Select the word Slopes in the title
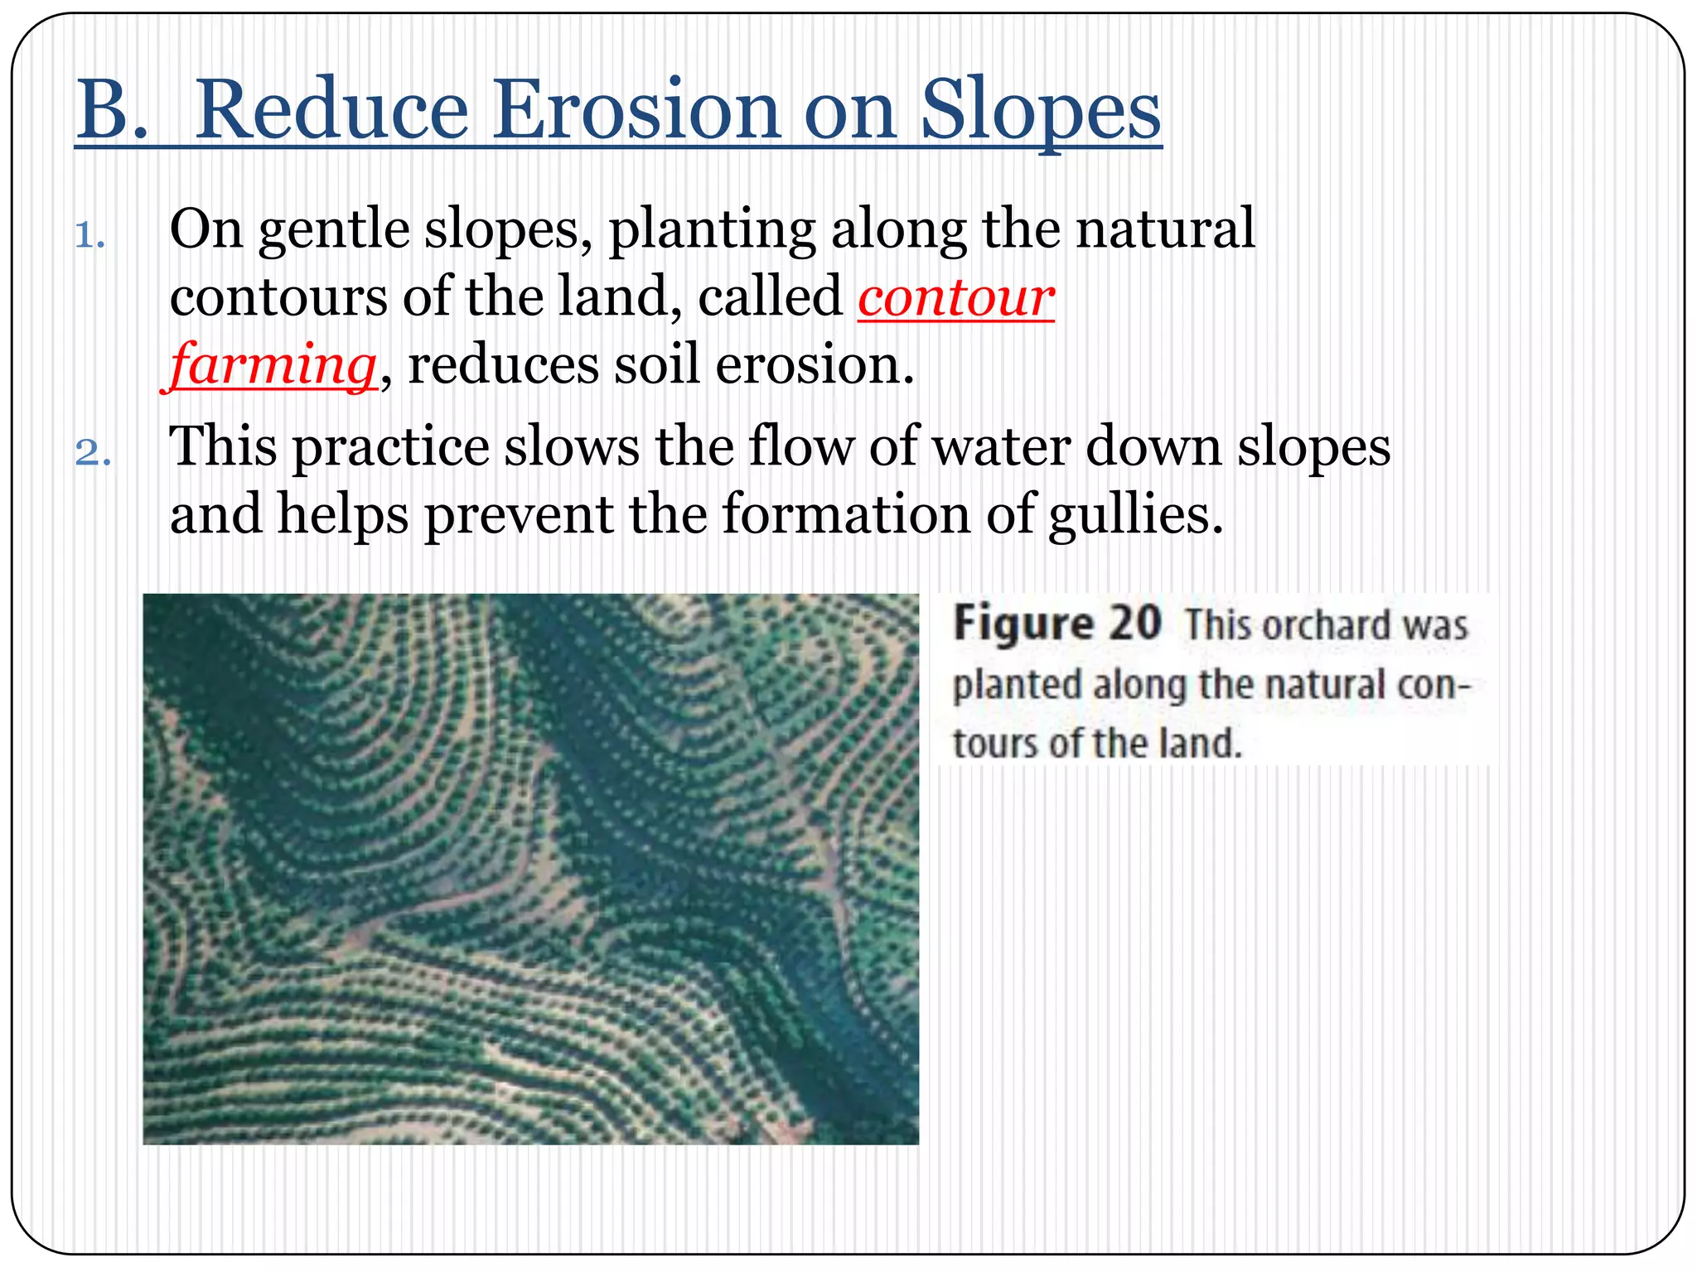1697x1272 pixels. (x=1040, y=112)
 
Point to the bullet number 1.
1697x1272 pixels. (x=89, y=236)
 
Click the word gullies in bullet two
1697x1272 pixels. (x=1135, y=515)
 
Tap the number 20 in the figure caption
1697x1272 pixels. (x=1134, y=624)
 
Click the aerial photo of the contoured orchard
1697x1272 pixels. (x=530, y=869)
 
